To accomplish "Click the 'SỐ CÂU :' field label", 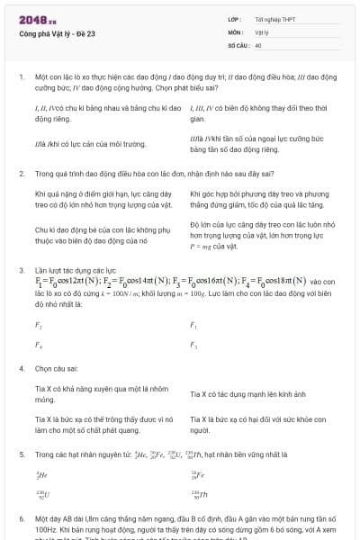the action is click(x=238, y=44).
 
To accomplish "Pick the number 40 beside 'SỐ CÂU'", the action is click(x=258, y=44).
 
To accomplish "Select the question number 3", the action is click(x=21, y=270).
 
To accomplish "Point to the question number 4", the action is click(x=21, y=368).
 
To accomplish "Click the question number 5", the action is click(x=21, y=454).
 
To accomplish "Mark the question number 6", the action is click(x=21, y=519).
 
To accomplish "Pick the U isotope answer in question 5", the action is click(x=41, y=494).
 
